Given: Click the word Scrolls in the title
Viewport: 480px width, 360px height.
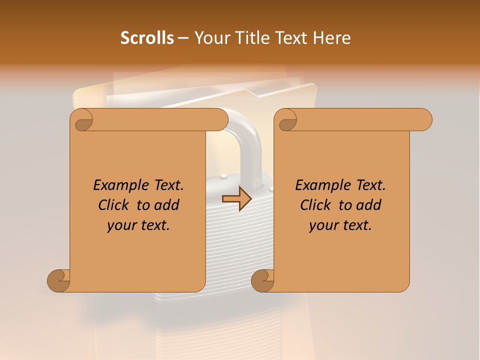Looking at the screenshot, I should click(x=147, y=38).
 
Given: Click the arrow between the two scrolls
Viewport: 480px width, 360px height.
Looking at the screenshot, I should click(x=237, y=198).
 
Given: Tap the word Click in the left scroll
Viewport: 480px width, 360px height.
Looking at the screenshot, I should click(x=113, y=205).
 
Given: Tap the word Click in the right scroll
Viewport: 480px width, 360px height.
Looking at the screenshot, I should click(x=315, y=205).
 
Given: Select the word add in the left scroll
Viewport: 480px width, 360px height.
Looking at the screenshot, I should click(x=167, y=205).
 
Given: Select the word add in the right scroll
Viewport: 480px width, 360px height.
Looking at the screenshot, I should click(x=369, y=205).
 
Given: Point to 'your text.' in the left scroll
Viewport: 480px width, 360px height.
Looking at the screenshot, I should click(x=138, y=225).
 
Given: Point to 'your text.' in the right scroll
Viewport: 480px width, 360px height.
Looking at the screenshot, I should click(x=340, y=225).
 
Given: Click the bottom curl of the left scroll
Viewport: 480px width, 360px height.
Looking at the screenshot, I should click(x=58, y=281).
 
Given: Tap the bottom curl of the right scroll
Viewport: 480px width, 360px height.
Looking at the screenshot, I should click(x=262, y=281).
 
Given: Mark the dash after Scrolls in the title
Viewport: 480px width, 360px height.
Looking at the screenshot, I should click(x=183, y=38).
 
